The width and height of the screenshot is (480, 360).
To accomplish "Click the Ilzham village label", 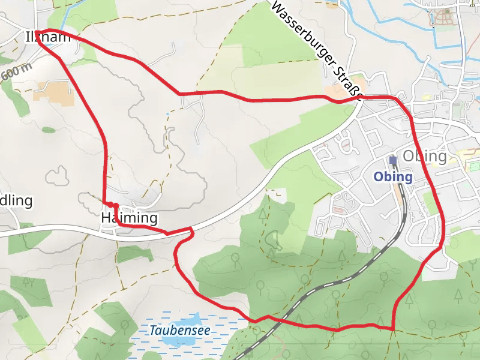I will point(47,37).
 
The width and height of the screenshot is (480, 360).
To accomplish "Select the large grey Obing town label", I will point(425,157).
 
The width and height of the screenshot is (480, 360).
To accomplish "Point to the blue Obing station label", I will point(393,177).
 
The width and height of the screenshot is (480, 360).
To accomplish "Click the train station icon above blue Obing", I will point(393,160).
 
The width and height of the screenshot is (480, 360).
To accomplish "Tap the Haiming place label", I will point(129,218).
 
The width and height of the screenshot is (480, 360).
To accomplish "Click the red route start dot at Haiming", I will point(115,206).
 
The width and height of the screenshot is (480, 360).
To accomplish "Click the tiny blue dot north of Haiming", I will point(166,113).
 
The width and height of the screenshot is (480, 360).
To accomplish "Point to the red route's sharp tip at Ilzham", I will point(37,32).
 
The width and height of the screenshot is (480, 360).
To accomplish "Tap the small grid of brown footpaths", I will point(445,18).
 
